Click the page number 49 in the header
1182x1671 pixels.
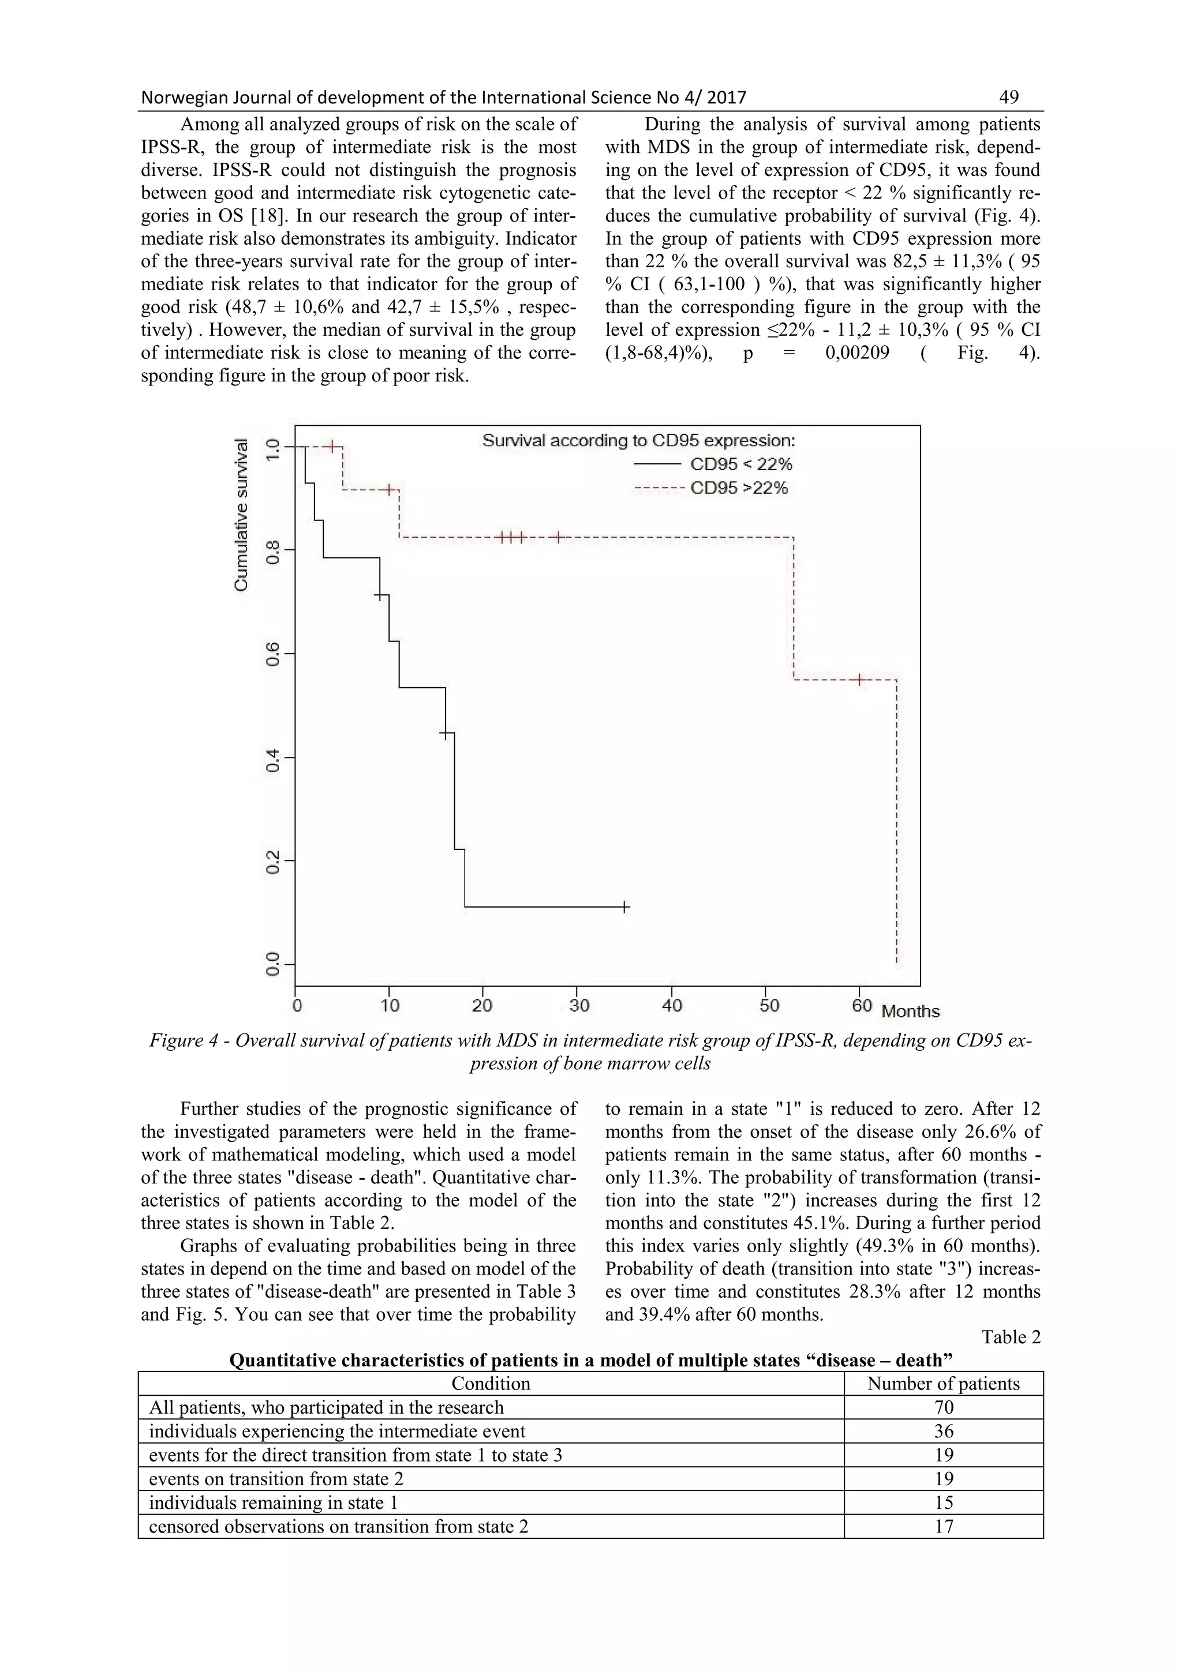click(x=1009, y=97)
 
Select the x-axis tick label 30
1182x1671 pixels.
click(x=579, y=1006)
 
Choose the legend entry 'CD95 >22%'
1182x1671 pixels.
click(x=739, y=488)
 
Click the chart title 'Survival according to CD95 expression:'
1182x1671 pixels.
click(x=638, y=440)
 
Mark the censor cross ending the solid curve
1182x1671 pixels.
click(x=624, y=907)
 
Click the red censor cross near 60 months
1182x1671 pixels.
click(x=859, y=680)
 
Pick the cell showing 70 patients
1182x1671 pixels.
click(x=943, y=1407)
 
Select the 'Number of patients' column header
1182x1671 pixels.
click(x=943, y=1384)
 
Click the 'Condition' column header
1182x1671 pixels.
click(x=491, y=1384)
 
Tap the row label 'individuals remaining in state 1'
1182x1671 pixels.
click(x=273, y=1503)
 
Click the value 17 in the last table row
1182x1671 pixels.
click(x=943, y=1527)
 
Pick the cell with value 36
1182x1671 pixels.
click(x=943, y=1432)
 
